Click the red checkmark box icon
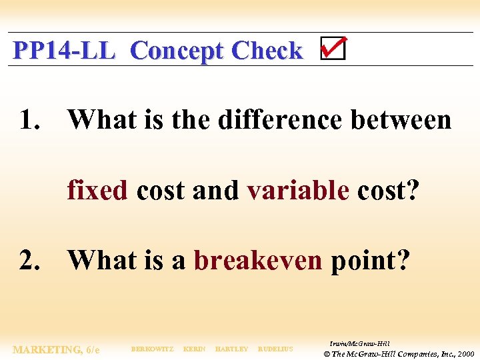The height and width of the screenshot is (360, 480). click(x=333, y=49)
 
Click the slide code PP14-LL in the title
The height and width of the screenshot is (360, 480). click(x=64, y=51)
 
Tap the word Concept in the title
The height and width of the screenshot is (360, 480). click(x=177, y=51)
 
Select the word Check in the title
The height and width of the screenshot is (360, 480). click(x=267, y=51)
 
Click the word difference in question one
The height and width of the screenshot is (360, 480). click(x=279, y=121)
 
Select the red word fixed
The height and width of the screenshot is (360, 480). click(x=97, y=191)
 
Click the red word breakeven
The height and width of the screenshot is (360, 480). click(x=258, y=261)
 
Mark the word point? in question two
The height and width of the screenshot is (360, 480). click(x=370, y=261)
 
